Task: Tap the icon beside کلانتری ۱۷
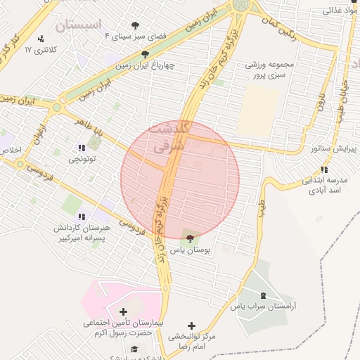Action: pyautogui.click(x=41, y=39)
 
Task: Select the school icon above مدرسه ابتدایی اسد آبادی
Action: pyautogui.click(x=323, y=169)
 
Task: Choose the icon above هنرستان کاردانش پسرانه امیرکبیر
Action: pyautogui.click(x=82, y=216)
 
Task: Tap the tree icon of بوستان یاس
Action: pyautogui.click(x=191, y=237)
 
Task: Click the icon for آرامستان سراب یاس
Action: pyautogui.click(x=263, y=295)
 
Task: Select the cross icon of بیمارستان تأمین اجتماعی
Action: pyautogui.click(x=124, y=311)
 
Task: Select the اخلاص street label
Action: pyautogui.click(x=11, y=150)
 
